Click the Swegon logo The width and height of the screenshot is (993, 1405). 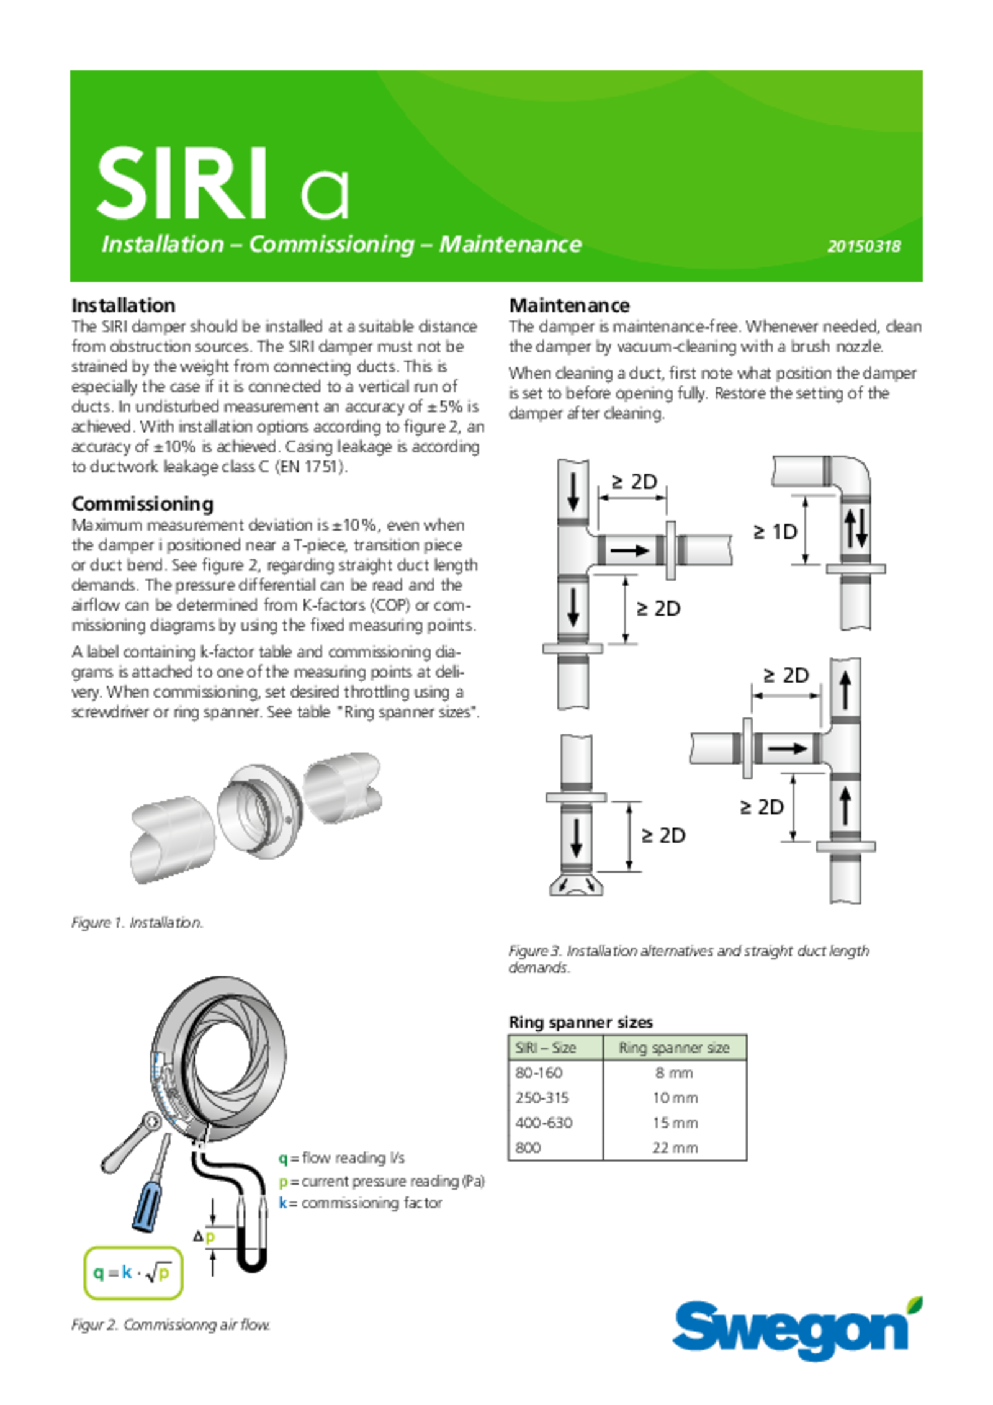797,1329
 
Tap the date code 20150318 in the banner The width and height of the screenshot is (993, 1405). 863,246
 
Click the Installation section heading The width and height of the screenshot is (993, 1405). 124,305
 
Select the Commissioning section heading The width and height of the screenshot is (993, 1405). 143,504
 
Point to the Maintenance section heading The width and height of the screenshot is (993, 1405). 569,305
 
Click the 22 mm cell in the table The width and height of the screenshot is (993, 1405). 675,1147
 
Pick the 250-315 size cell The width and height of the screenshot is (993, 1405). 542,1097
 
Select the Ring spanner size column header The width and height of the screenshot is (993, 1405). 674,1048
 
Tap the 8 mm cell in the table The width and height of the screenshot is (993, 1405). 674,1072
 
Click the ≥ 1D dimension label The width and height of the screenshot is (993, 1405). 775,532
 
